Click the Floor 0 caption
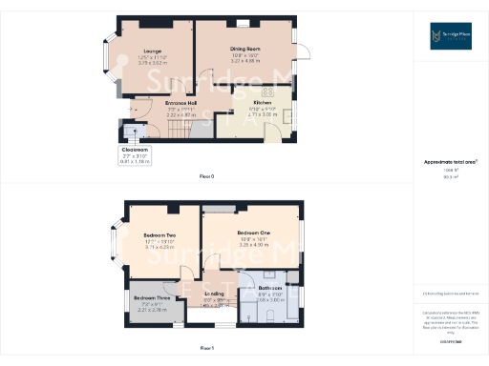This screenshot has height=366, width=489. coord(206,177)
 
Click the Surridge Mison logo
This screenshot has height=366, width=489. coord(450,36)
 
